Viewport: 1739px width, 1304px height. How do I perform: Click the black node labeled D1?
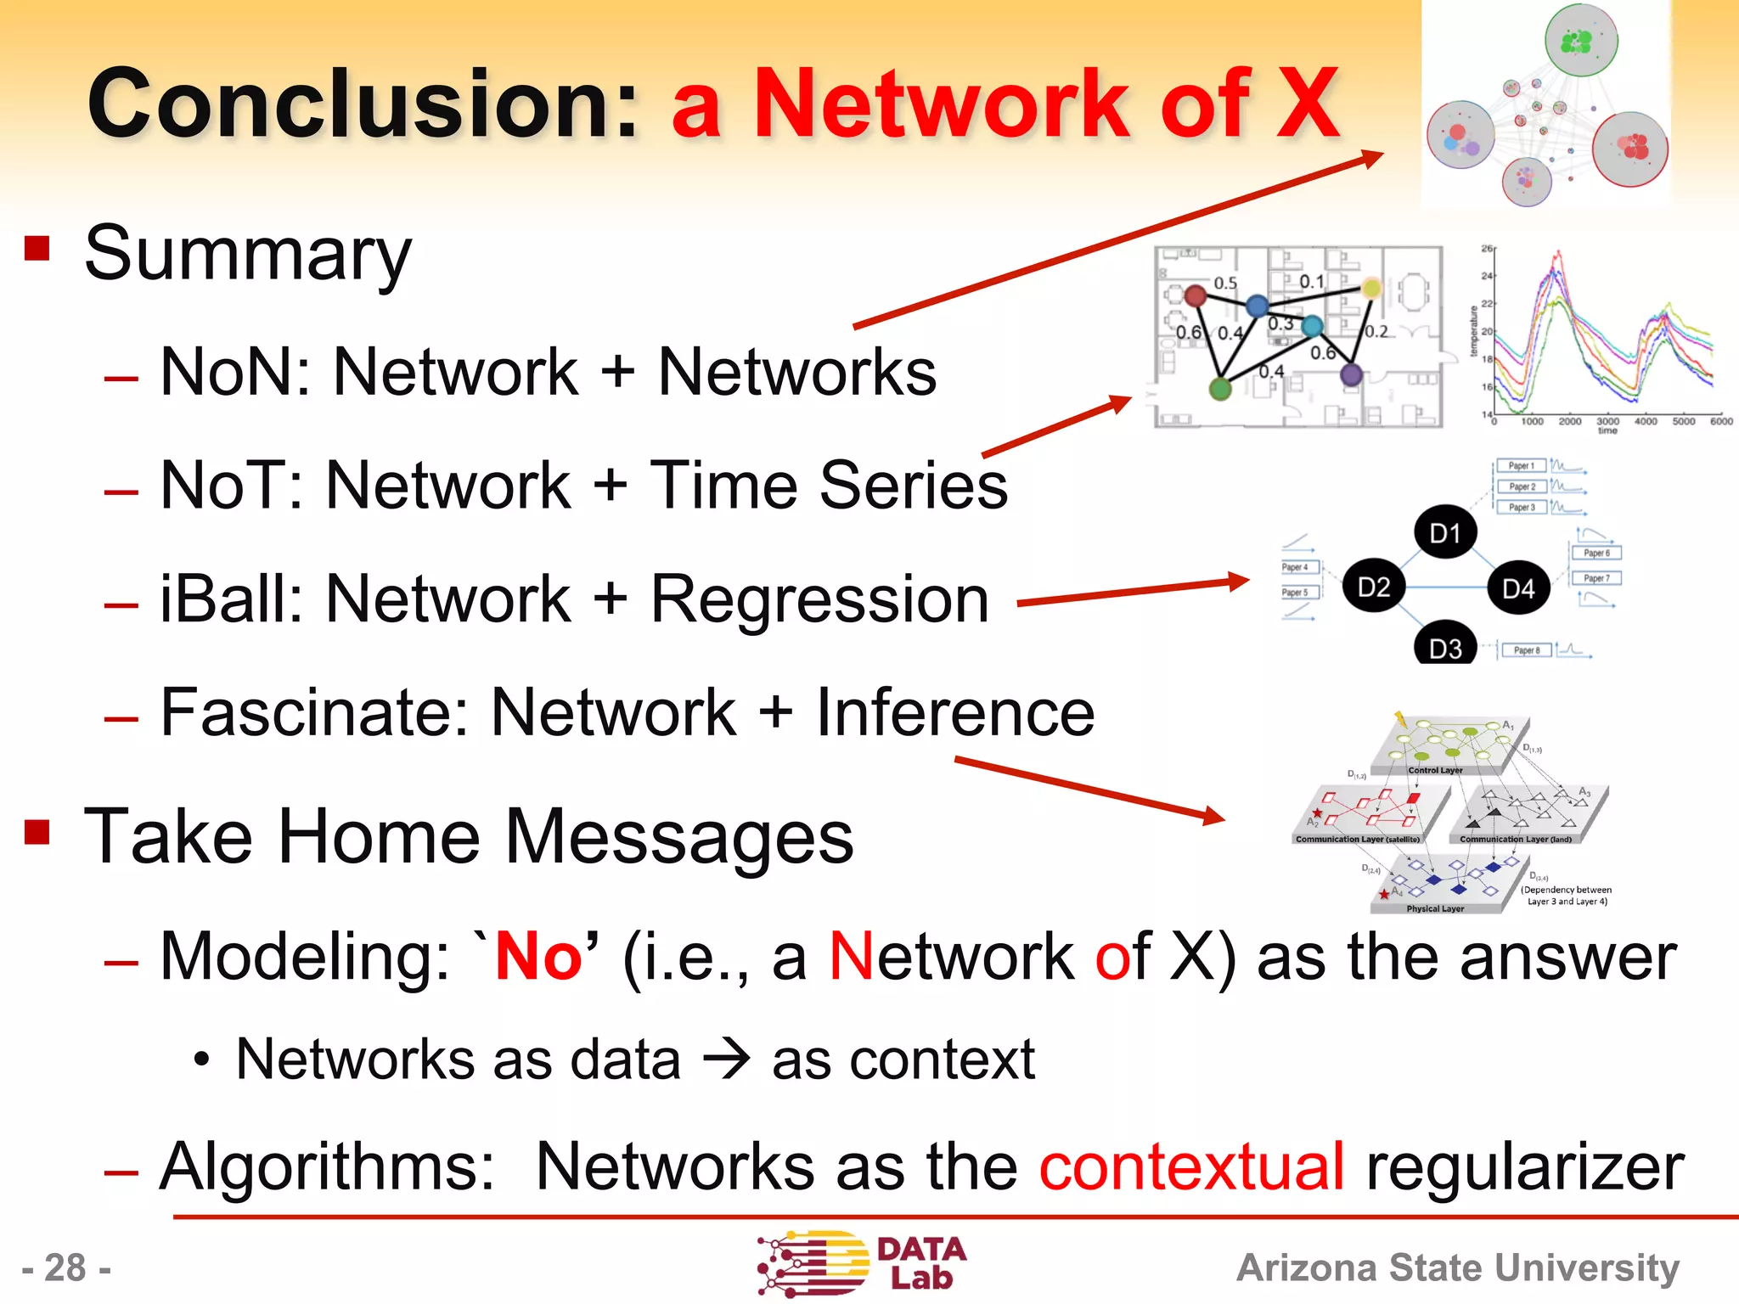click(x=1445, y=533)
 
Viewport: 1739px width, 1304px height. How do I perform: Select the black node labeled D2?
click(x=1373, y=587)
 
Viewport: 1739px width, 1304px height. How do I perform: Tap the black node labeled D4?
click(x=1518, y=588)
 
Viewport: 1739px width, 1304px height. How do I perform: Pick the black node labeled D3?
click(x=1445, y=647)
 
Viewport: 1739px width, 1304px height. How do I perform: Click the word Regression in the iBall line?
click(x=819, y=599)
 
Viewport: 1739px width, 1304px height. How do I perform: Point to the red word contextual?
click(x=1191, y=1166)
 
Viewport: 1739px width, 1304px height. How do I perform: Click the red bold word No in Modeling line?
click(x=538, y=957)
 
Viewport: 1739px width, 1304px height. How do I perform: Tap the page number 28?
click(x=66, y=1268)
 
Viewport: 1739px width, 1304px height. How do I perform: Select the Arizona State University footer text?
click(x=1457, y=1267)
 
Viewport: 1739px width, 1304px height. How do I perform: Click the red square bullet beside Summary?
click(x=37, y=249)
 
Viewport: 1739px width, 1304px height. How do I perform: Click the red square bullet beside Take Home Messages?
click(x=37, y=831)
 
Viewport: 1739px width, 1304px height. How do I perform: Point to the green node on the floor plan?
click(x=1220, y=389)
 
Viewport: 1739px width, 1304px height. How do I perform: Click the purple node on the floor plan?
click(x=1351, y=374)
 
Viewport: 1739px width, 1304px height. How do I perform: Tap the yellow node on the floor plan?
click(x=1371, y=289)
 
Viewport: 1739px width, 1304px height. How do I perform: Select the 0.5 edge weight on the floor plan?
click(x=1224, y=283)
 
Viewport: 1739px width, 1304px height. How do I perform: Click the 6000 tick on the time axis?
click(x=1720, y=421)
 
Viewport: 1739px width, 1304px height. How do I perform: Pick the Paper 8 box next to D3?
click(x=1526, y=650)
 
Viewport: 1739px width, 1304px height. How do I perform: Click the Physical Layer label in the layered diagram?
click(x=1434, y=908)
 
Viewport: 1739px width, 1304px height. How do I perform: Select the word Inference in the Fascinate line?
click(x=955, y=713)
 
